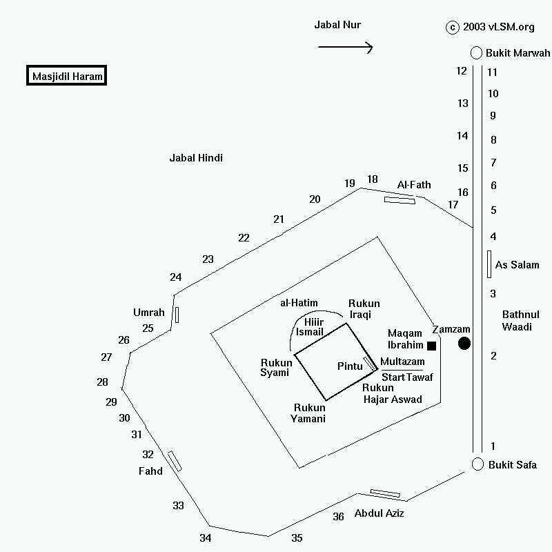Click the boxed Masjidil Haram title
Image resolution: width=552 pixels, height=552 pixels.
tap(67, 76)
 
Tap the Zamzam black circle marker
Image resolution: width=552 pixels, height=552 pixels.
tap(464, 343)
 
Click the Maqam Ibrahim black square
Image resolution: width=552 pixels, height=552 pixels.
tap(432, 346)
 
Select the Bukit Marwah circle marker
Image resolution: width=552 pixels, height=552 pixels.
tap(476, 53)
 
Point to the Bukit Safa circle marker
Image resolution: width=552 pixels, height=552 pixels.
tap(477, 464)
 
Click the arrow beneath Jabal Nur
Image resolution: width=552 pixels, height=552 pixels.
tap(345, 48)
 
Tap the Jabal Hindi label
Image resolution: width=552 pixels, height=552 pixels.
tap(196, 158)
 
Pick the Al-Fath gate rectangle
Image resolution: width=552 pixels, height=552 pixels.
tap(400, 199)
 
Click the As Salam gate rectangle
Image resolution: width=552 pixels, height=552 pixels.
tap(489, 264)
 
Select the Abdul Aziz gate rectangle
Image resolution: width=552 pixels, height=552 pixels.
tap(385, 493)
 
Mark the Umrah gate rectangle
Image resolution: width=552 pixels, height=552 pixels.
tap(177, 315)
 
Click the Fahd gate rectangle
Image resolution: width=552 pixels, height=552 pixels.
tap(175, 461)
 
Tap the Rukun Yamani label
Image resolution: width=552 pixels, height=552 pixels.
tap(309, 413)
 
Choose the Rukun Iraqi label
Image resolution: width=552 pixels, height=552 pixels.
tap(364, 309)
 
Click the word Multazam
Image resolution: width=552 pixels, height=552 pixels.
tap(402, 362)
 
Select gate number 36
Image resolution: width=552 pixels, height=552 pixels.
tap(338, 516)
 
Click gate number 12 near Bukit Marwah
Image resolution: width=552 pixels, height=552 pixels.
tap(462, 70)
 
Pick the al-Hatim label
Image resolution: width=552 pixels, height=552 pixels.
tap(299, 303)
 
